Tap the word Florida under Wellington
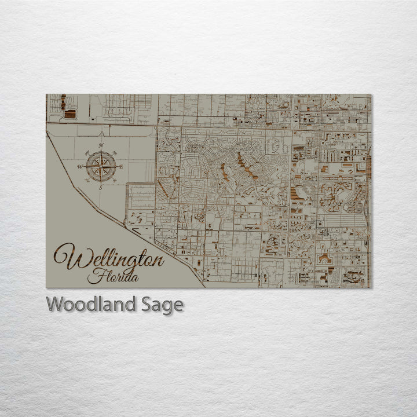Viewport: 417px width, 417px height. pos(113,276)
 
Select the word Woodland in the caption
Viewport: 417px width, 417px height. pos(90,305)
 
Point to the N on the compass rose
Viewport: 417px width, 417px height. pos(101,145)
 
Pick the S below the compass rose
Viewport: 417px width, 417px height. pos(100,188)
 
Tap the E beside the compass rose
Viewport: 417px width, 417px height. pos(121,167)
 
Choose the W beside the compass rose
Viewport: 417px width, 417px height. pos(80,167)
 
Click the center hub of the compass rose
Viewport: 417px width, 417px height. pos(101,167)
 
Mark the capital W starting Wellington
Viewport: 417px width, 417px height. pos(65,256)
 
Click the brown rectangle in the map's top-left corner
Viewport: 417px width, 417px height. pos(69,114)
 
